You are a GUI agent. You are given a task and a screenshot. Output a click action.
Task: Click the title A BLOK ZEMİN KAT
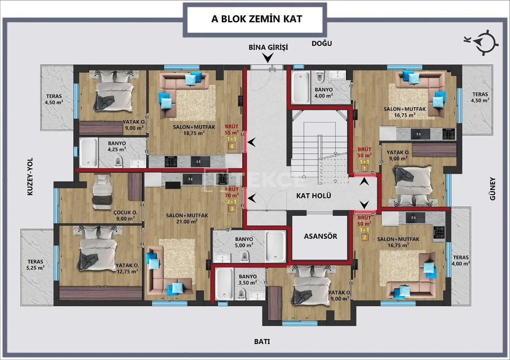(257, 19)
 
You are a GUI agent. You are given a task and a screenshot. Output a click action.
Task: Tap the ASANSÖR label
(321, 236)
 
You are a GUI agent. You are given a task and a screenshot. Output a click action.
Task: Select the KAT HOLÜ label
(314, 196)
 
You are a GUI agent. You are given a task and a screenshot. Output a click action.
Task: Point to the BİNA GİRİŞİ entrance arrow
(268, 58)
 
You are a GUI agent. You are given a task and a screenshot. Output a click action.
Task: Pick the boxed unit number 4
(232, 146)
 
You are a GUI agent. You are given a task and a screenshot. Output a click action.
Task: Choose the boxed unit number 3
(232, 209)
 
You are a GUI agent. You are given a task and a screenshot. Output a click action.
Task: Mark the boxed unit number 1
(365, 168)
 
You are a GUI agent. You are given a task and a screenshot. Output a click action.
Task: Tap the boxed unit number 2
(365, 237)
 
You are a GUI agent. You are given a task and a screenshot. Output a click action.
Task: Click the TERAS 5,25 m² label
(35, 265)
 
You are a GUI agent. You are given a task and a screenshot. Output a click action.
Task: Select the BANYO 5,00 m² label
(244, 243)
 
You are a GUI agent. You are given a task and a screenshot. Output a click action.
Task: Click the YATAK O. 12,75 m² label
(127, 268)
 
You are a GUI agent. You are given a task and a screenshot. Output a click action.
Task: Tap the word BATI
(262, 342)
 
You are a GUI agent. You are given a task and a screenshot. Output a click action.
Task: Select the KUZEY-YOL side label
(30, 176)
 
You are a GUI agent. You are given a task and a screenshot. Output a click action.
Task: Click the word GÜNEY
(492, 189)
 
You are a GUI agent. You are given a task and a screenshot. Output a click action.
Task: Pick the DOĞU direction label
(322, 43)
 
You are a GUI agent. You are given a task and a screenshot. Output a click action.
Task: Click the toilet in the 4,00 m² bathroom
(320, 76)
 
